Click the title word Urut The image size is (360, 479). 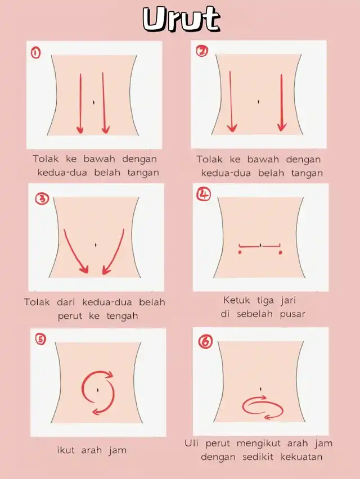(181, 19)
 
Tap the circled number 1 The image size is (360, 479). (35, 53)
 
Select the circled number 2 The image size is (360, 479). (202, 51)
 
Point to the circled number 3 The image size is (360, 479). (42, 199)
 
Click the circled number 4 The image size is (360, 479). (204, 195)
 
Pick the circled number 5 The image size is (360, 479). (40, 340)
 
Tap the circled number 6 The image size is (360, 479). (205, 341)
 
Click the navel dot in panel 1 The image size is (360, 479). (93, 102)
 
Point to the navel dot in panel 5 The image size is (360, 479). (97, 390)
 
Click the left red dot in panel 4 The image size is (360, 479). (240, 252)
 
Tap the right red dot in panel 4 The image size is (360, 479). (280, 252)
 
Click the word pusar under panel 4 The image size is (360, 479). (292, 314)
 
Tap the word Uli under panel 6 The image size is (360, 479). (191, 443)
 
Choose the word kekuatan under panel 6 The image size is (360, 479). (301, 457)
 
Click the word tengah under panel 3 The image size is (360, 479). (122, 316)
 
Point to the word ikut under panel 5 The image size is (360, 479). (66, 450)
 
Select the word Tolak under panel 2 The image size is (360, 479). (209, 159)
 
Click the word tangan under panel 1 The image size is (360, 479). (143, 173)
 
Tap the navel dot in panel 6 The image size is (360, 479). (260, 389)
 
